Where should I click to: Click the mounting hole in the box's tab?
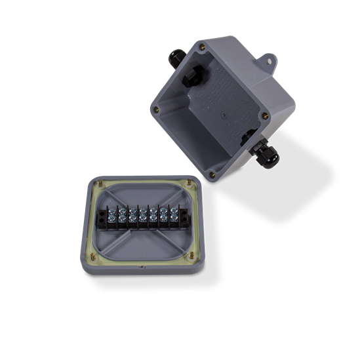tap(271, 62)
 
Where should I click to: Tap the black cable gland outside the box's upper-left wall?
tap(175, 58)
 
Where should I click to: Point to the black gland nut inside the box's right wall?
tap(247, 138)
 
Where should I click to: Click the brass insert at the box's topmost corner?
tap(202, 47)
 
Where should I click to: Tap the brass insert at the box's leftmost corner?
tap(156, 110)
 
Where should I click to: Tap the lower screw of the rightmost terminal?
tap(174, 224)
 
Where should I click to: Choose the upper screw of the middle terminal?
tap(143, 212)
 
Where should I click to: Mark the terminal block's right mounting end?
tap(184, 218)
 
